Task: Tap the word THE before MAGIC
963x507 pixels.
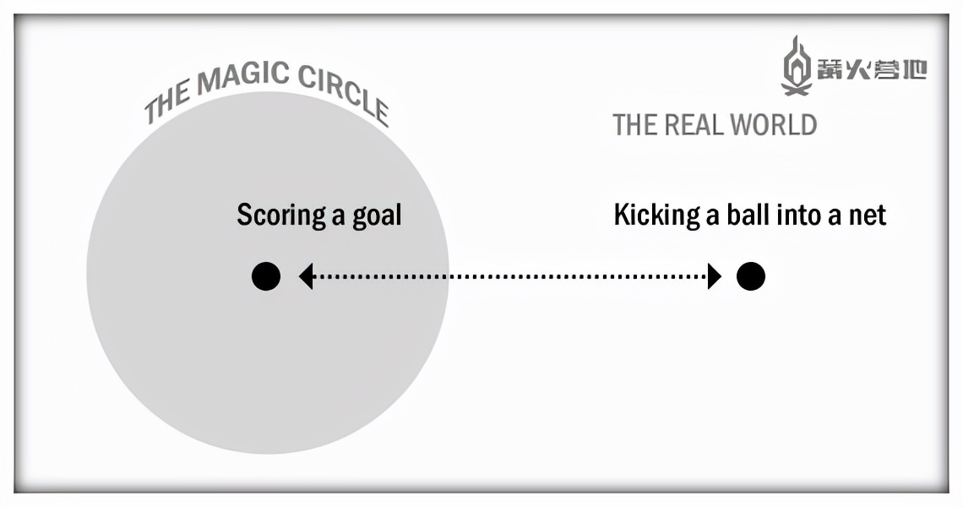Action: click(x=166, y=105)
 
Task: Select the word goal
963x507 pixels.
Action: click(x=377, y=215)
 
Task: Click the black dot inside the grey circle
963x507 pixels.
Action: click(x=266, y=276)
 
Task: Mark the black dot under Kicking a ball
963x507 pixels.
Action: click(x=750, y=276)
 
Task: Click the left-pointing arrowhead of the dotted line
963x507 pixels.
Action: click(x=306, y=276)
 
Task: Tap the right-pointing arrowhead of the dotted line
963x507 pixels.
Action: click(x=715, y=276)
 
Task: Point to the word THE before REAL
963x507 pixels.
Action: click(x=630, y=125)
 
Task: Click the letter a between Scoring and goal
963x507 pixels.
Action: click(x=338, y=216)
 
